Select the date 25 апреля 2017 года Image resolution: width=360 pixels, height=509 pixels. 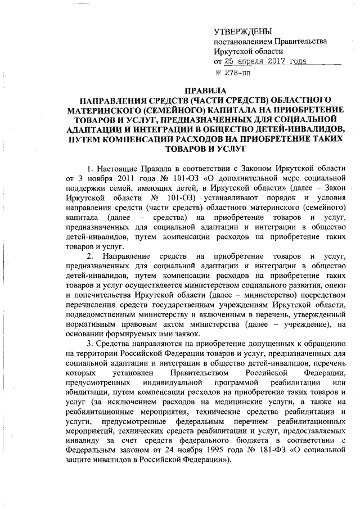click(x=261, y=61)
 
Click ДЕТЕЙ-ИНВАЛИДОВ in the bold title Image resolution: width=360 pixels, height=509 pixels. click(x=301, y=129)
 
